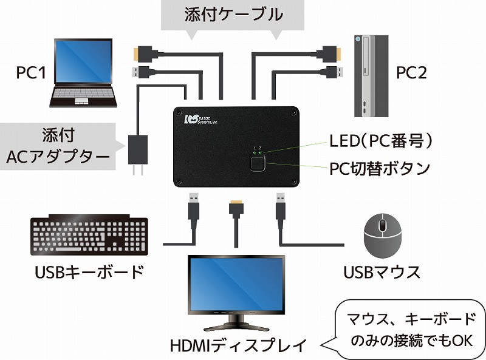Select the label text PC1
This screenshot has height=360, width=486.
point(30,73)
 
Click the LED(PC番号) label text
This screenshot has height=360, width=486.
point(381,141)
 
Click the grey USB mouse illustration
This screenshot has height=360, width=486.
point(382,237)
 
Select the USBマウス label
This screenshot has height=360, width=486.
point(382,271)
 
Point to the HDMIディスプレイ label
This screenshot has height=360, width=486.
point(237,347)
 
